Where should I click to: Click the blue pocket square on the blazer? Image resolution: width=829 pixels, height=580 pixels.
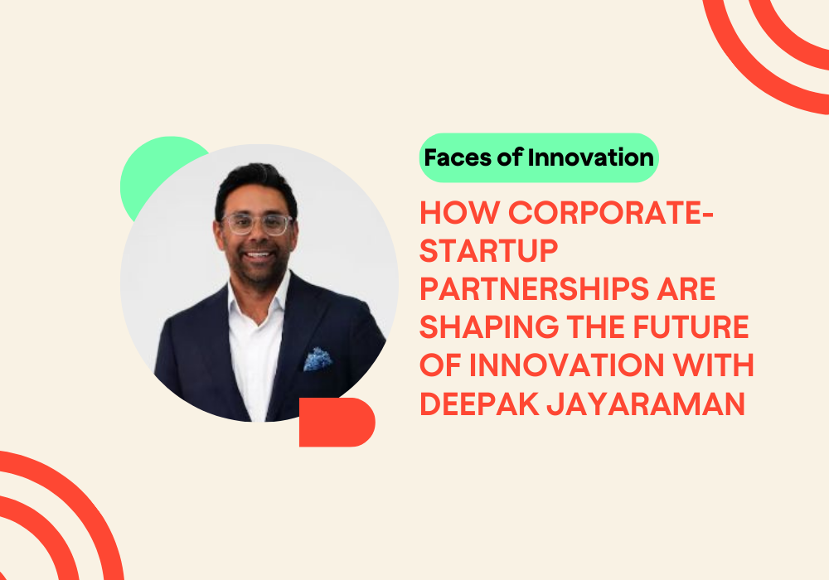[x=318, y=359]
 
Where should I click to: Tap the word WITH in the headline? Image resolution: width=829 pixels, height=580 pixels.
[x=712, y=365]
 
